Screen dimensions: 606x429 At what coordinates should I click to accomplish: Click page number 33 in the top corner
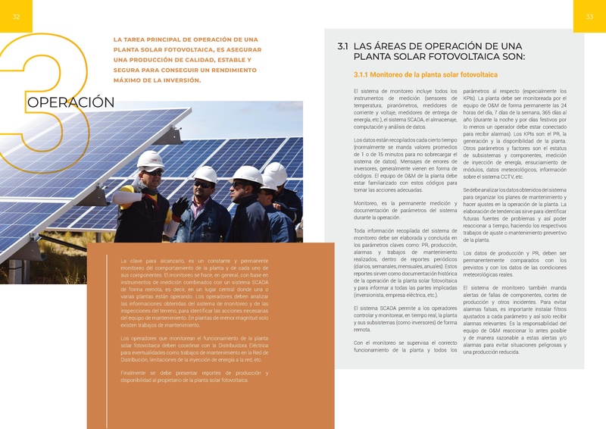[x=589, y=17]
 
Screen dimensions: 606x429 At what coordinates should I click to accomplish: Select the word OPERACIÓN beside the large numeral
[x=70, y=102]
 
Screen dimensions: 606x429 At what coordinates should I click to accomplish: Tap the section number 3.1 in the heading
[x=342, y=47]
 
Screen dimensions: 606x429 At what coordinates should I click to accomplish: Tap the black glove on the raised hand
[x=180, y=206]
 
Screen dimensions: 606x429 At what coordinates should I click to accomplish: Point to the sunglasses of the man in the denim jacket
[x=203, y=184]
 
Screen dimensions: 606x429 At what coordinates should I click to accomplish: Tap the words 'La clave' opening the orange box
[x=133, y=261]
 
